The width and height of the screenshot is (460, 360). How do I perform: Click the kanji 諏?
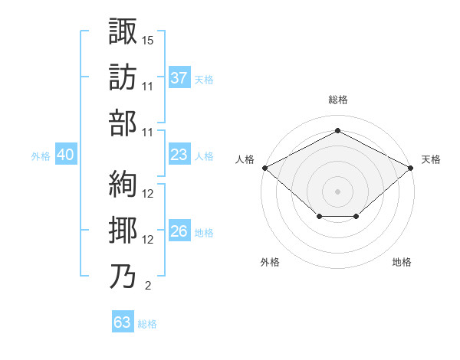pyautogui.click(x=123, y=31)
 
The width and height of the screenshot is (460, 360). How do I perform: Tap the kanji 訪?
pyautogui.click(x=123, y=77)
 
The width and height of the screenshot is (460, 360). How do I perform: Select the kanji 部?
pyautogui.click(x=123, y=123)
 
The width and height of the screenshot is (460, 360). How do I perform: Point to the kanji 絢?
pyautogui.click(x=123, y=184)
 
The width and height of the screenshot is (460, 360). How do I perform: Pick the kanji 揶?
pyautogui.click(x=123, y=230)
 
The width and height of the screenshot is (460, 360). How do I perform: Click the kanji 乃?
pyautogui.click(x=123, y=277)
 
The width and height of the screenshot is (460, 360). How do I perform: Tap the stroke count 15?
pyautogui.click(x=147, y=41)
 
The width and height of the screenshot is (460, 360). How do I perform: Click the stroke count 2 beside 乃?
pyautogui.click(x=148, y=286)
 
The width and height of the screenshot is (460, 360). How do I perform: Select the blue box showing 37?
pyautogui.click(x=179, y=77)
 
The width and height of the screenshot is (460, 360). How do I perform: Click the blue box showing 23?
pyautogui.click(x=179, y=154)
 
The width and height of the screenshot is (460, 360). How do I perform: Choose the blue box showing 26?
pyautogui.click(x=179, y=230)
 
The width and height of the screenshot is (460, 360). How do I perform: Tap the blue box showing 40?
pyautogui.click(x=66, y=154)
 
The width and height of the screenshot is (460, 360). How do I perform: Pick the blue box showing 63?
pyautogui.click(x=123, y=321)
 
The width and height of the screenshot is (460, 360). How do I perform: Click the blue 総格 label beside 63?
pyautogui.click(x=147, y=324)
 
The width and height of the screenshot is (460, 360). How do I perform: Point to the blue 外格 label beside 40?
pyautogui.click(x=41, y=156)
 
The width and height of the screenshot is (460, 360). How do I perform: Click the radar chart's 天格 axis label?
pyautogui.click(x=431, y=159)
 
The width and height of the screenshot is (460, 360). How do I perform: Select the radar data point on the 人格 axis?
pyautogui.click(x=265, y=168)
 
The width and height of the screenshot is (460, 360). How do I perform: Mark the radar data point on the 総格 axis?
pyautogui.click(x=337, y=130)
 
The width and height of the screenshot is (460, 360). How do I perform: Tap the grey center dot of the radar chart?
pyautogui.click(x=337, y=191)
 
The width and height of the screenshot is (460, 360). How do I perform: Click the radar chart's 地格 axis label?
pyautogui.click(x=402, y=262)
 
